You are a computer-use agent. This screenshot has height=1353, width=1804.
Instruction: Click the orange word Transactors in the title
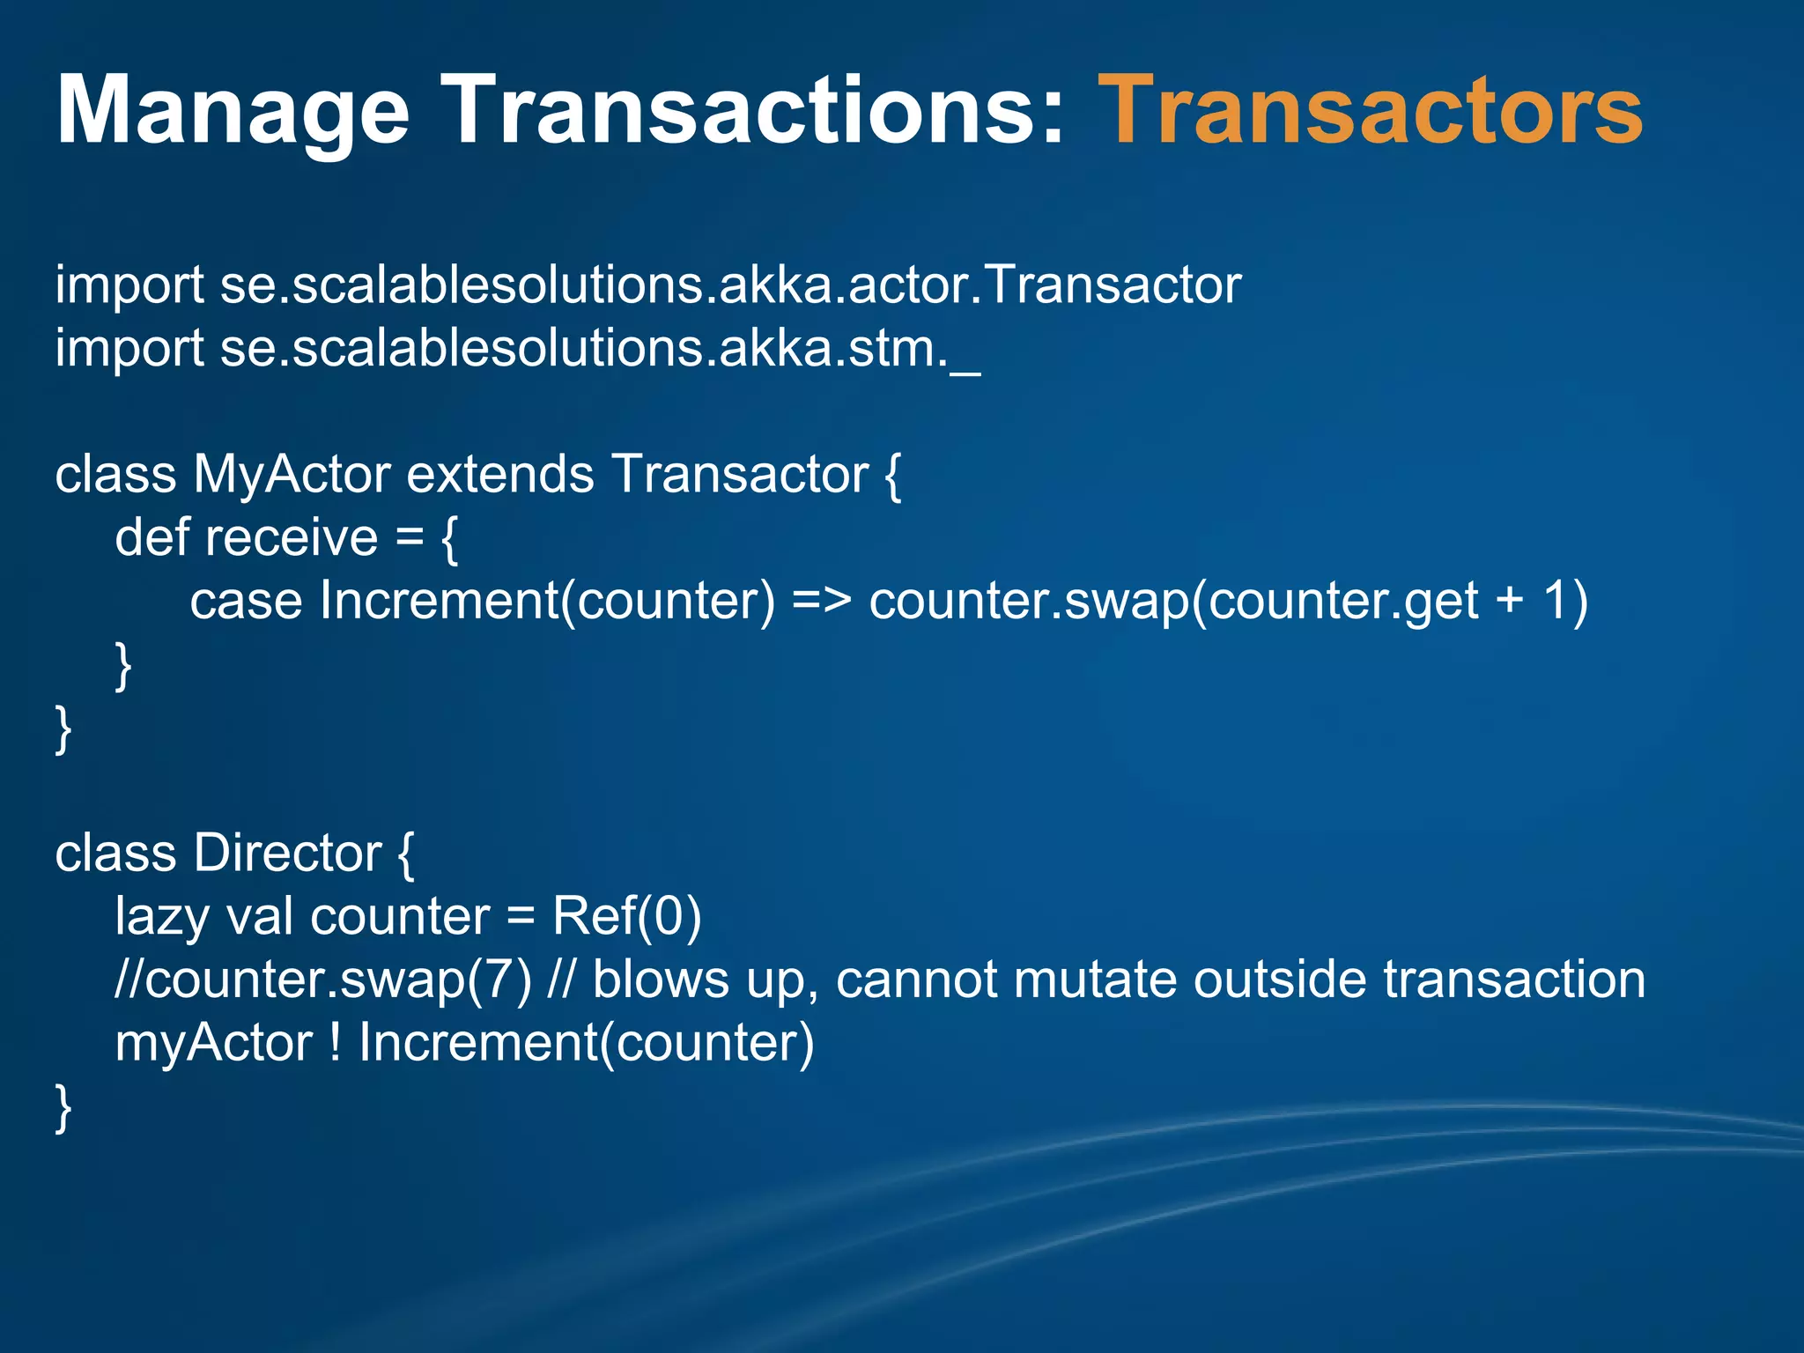1371,111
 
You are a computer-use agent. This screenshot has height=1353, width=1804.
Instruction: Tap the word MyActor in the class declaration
292,475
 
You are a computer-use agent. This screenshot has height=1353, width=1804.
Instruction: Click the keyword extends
500,475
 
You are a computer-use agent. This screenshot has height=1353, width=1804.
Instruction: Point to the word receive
292,538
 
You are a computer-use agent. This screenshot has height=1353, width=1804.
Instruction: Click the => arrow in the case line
821,602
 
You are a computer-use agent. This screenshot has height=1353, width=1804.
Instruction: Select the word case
246,602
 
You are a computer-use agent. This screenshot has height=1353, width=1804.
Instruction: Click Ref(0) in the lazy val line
626,916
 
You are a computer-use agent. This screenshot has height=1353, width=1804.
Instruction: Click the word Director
287,854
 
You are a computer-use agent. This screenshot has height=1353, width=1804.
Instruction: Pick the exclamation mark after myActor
336,1043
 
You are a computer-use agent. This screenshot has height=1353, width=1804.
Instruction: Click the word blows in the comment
661,980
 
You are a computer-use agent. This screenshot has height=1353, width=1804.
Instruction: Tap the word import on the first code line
129,286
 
